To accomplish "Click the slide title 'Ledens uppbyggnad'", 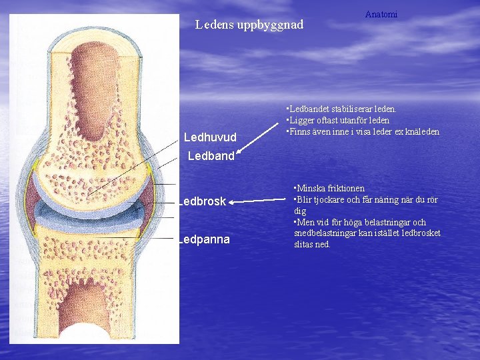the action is point(249,25).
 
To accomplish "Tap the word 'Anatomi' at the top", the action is point(381,14).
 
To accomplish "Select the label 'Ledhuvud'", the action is point(210,137).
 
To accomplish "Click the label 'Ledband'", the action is point(211,156).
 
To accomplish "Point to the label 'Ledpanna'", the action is point(204,239).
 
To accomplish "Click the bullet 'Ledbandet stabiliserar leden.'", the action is point(341,109).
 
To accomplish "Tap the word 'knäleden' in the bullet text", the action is point(422,131).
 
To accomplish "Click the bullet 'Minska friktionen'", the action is point(329,189).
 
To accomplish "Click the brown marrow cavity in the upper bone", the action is point(96,93).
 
